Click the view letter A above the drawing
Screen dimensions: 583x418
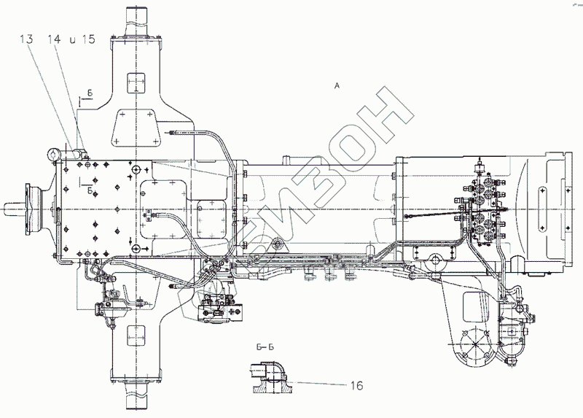point(336,86)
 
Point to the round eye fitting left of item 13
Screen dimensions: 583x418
point(53,154)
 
